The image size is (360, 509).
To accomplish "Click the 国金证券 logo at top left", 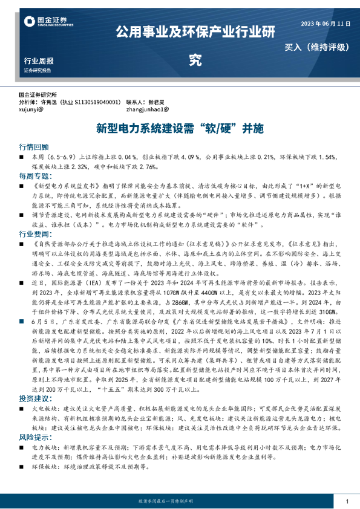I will pyautogui.click(x=49, y=22).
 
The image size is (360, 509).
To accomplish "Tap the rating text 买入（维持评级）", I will pyautogui.click(x=318, y=47).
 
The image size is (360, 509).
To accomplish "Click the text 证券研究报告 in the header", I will pyautogui.click(x=38, y=71).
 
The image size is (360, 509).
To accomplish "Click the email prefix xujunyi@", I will pyautogui.click(x=31, y=110).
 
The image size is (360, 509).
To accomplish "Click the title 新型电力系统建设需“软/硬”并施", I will pyautogui.click(x=180, y=129).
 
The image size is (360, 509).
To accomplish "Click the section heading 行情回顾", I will pyautogui.click(x=33, y=147).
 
